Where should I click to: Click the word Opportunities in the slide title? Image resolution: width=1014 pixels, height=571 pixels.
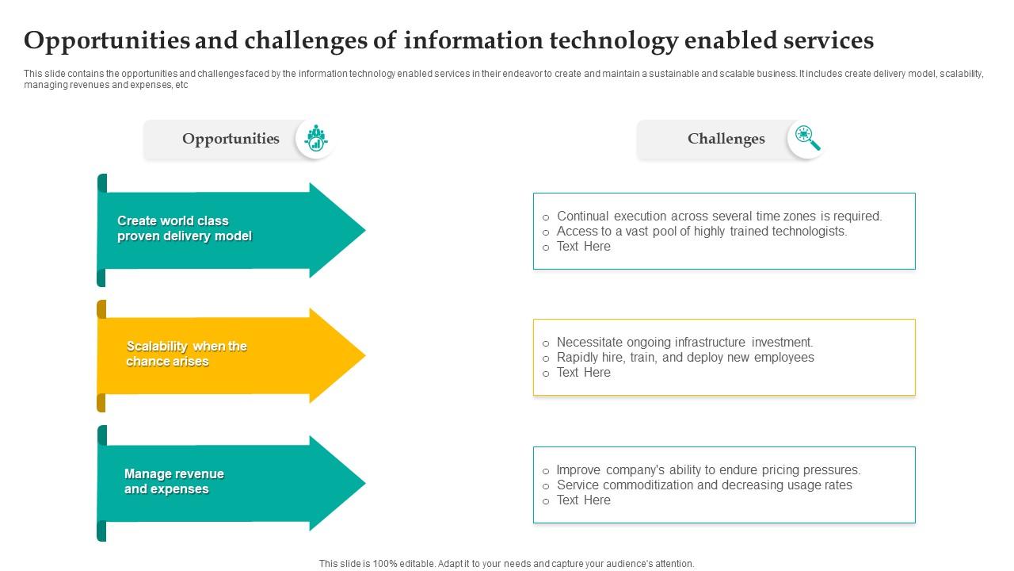click(x=108, y=40)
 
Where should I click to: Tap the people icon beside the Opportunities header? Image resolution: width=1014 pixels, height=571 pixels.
click(x=316, y=139)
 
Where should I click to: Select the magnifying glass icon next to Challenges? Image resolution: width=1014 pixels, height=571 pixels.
click(x=807, y=139)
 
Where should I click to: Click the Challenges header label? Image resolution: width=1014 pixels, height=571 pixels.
click(x=726, y=139)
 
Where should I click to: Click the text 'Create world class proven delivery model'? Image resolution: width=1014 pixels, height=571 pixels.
click(x=184, y=228)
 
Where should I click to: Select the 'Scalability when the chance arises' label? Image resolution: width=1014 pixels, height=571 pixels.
click(x=186, y=354)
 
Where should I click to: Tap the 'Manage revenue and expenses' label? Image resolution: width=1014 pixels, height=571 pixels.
click(x=173, y=481)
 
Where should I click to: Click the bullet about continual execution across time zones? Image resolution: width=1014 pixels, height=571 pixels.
click(x=719, y=216)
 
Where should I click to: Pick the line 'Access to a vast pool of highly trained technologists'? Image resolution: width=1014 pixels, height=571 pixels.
click(x=701, y=231)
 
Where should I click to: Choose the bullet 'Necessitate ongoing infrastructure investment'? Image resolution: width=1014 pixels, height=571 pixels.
click(x=684, y=342)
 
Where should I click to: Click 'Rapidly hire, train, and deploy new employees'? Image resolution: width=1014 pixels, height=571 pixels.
click(x=684, y=357)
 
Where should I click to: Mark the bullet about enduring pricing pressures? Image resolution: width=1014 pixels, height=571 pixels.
click(x=708, y=469)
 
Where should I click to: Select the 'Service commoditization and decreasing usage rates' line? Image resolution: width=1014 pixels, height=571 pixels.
click(x=703, y=485)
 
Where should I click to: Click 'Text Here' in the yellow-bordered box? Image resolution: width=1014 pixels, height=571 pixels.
click(x=583, y=372)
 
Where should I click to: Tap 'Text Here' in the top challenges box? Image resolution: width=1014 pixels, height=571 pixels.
click(x=583, y=246)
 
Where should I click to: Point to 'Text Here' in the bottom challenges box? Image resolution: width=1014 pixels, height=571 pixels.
click(x=583, y=500)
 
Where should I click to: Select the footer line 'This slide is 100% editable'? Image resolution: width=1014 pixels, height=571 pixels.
click(x=506, y=564)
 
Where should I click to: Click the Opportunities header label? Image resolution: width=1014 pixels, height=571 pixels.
click(x=231, y=139)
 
